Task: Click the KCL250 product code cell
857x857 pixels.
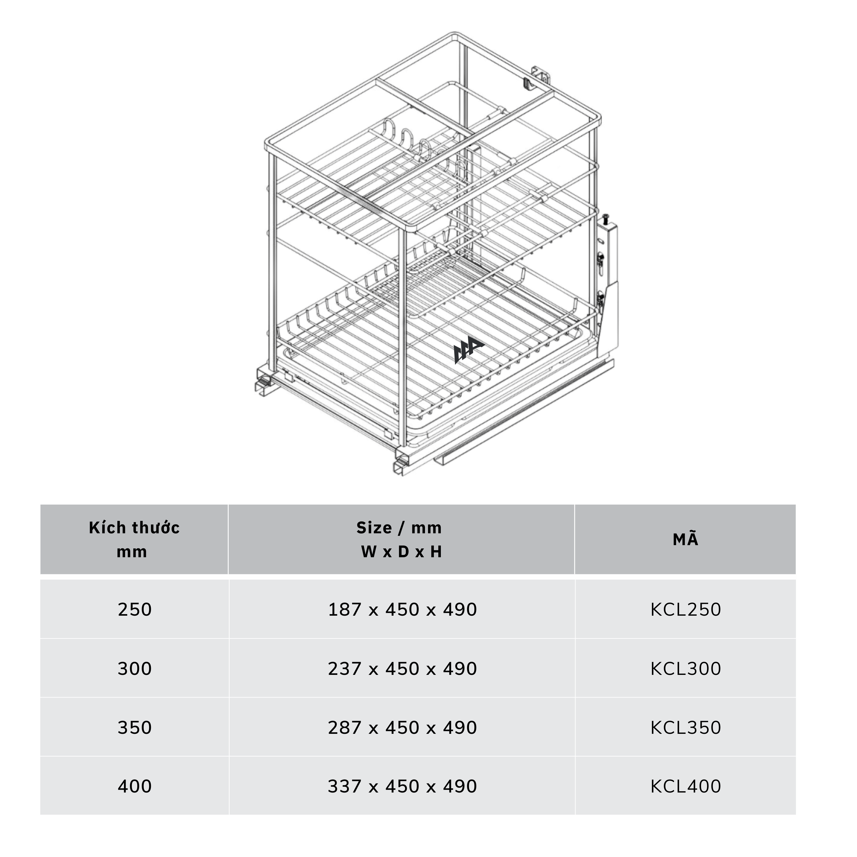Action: [x=685, y=609]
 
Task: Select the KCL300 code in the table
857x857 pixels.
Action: [x=685, y=669]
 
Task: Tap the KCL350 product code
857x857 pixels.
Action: [x=685, y=728]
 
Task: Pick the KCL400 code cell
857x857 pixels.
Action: [x=685, y=786]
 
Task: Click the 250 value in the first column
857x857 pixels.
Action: [x=135, y=609]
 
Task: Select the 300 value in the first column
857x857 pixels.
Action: [x=135, y=669]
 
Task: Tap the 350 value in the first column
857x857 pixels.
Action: [x=135, y=728]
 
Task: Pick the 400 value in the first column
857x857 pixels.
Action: [x=135, y=786]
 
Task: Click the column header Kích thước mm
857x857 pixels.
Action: [x=134, y=539]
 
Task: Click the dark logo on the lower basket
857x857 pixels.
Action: [x=468, y=351]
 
